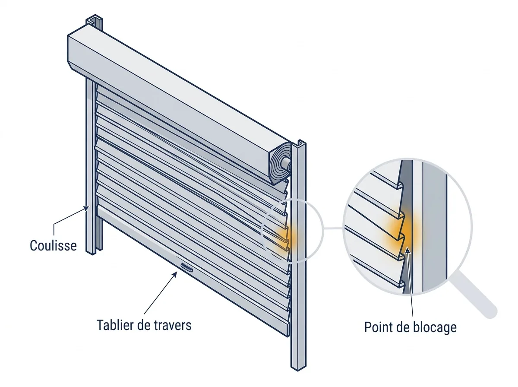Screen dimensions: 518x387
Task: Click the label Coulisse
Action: pos(54,246)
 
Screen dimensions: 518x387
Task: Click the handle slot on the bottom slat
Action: pos(186,268)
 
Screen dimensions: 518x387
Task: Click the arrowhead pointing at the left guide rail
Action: pos(87,208)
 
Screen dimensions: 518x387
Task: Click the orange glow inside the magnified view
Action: pos(401,230)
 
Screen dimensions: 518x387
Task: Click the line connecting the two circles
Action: pos(333,228)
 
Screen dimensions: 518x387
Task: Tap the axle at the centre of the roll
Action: pos(286,162)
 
